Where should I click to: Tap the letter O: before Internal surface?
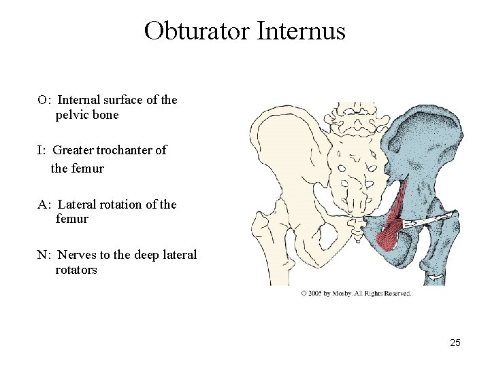click(x=43, y=100)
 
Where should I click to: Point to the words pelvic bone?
click(x=87, y=115)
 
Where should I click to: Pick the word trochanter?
click(x=125, y=150)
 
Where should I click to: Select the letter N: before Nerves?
click(x=44, y=255)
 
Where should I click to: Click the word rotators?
click(x=76, y=270)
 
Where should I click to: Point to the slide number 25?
click(x=455, y=343)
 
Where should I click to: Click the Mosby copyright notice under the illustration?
click(x=356, y=294)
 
